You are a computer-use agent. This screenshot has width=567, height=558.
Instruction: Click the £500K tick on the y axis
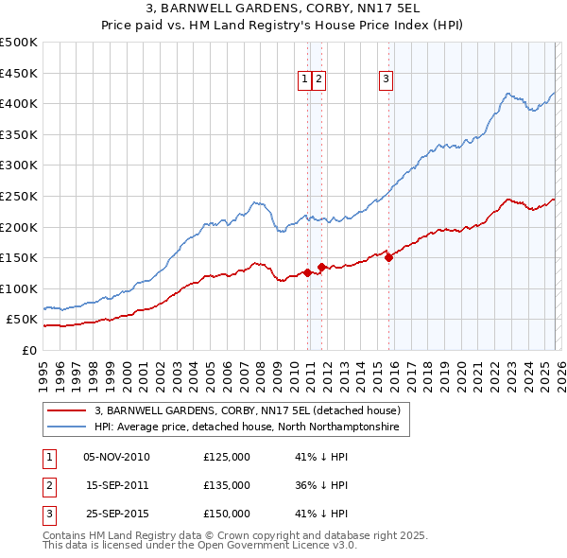(19, 43)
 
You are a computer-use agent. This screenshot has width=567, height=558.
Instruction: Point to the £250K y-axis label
(19, 196)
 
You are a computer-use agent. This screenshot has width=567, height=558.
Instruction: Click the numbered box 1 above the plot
(306, 80)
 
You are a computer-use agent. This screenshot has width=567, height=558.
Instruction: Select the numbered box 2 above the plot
(319, 80)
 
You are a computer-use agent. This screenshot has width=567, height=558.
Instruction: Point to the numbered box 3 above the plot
(387, 80)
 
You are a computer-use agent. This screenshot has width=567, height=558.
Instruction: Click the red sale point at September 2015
(388, 257)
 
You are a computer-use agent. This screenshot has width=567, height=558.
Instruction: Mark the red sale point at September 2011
(321, 267)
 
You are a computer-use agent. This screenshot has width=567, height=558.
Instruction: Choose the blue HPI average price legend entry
(247, 427)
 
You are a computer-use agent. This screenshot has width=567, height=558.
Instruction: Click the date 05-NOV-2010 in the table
(116, 457)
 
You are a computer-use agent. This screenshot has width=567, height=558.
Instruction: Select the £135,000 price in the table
(227, 485)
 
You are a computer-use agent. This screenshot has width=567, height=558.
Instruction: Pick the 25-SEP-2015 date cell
(116, 514)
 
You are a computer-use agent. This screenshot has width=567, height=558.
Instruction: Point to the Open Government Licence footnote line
(199, 546)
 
